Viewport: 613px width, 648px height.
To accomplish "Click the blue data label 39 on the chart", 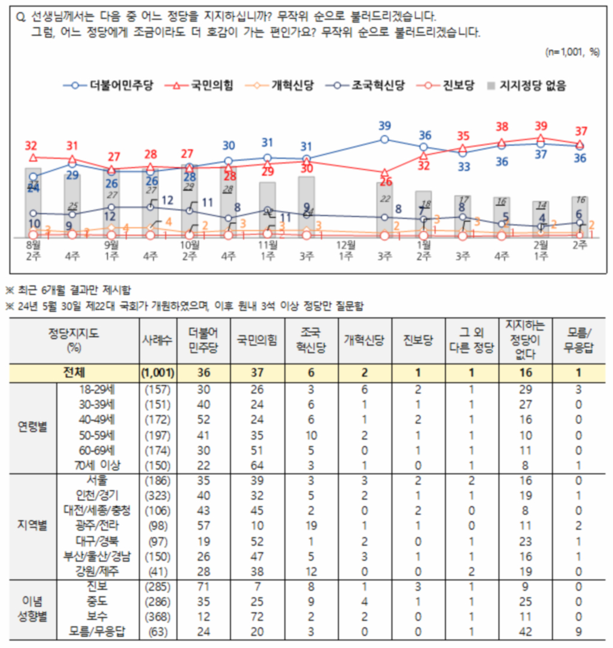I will coord(385,126).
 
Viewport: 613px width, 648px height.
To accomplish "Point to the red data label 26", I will coord(385,181).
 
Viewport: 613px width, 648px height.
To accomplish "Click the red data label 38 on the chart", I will coord(502,127).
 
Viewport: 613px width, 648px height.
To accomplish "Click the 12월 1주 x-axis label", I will coord(346,250).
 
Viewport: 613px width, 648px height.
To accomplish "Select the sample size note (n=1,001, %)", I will coord(572,52).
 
